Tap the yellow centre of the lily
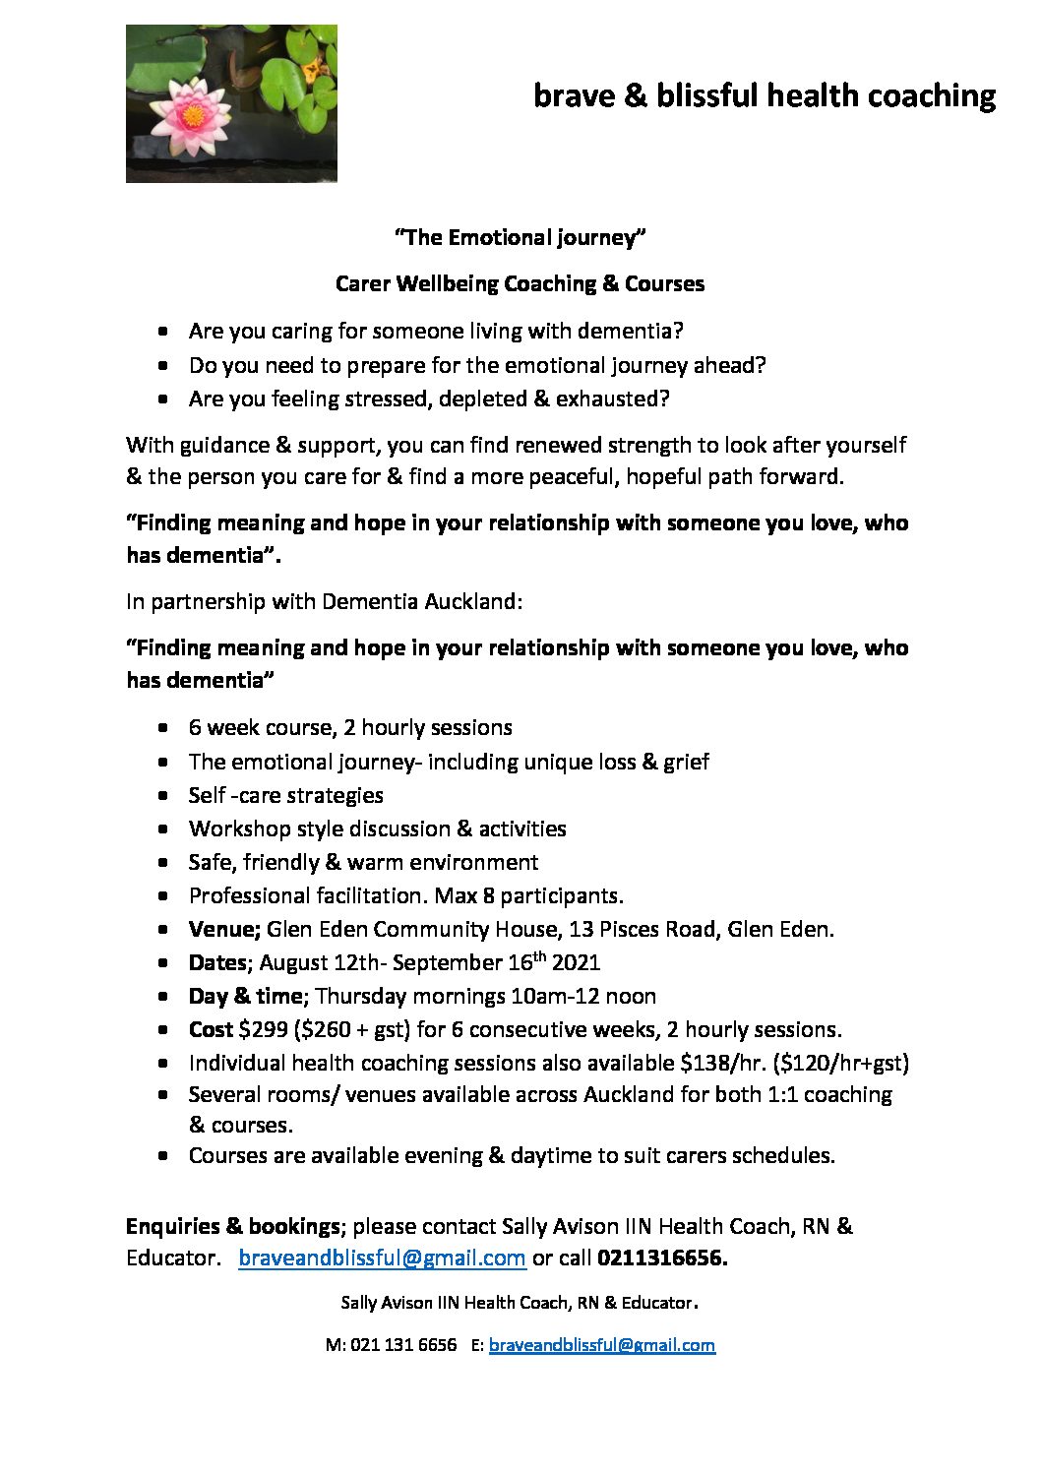click(194, 116)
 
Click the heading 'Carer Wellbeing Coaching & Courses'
click(520, 283)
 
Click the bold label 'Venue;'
click(224, 929)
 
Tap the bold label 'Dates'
click(216, 962)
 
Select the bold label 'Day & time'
click(246, 996)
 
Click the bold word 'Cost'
click(211, 1029)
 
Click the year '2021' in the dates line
click(576, 962)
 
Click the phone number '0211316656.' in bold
click(662, 1258)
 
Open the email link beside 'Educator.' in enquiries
click(382, 1258)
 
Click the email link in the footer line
click(601, 1344)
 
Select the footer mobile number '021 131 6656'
click(403, 1344)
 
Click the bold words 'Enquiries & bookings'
click(232, 1226)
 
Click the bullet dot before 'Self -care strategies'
click(163, 795)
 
